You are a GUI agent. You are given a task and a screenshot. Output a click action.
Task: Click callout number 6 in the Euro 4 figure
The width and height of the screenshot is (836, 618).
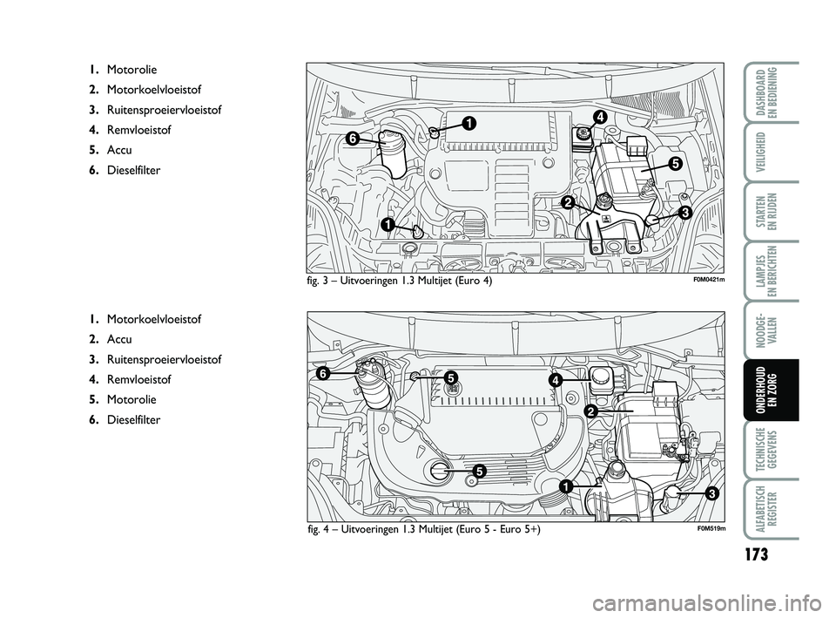pos(353,138)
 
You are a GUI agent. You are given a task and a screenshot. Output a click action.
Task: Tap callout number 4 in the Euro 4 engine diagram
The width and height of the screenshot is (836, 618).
pos(600,116)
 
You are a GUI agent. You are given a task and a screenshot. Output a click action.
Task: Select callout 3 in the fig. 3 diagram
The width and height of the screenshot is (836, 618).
pos(685,212)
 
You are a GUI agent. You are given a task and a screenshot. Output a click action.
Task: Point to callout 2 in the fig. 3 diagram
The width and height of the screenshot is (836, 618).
pos(567,202)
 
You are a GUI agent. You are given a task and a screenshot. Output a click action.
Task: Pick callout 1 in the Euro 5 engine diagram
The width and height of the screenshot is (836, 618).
pos(565,485)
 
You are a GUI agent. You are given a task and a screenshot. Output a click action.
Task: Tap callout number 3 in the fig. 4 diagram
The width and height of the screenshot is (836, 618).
pos(711,493)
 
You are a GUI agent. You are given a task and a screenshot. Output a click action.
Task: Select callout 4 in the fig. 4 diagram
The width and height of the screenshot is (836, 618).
pos(554,381)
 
